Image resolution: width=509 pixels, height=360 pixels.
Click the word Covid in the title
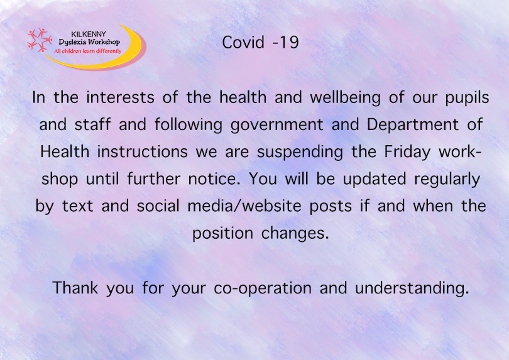241,43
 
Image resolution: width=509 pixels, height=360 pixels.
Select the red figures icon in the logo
39,40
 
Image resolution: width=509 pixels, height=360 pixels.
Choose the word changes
295,232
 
